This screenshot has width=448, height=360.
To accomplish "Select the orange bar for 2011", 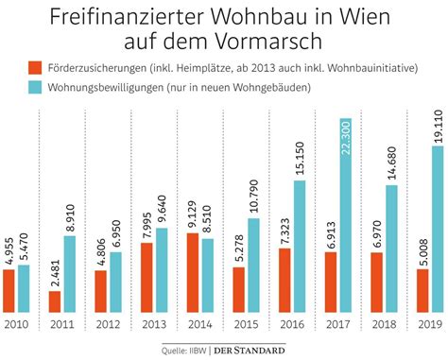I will click(54, 300).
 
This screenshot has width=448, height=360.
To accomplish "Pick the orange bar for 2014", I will click(193, 271).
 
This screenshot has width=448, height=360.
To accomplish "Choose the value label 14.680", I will click(390, 163).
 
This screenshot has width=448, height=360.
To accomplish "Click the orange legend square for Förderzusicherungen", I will click(34, 68).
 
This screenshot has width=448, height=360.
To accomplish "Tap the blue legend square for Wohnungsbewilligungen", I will click(34, 88).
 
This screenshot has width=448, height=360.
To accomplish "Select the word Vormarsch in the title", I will click(276, 43).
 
